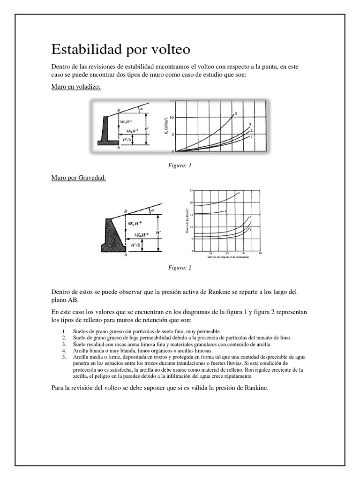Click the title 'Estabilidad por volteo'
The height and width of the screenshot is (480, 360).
coord(120,49)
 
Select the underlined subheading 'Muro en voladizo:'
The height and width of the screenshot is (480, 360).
coord(76,87)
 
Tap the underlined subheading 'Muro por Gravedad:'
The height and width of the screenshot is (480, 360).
coord(78,178)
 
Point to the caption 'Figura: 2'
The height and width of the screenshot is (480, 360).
coord(180,268)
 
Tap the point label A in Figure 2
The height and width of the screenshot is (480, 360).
coord(125,255)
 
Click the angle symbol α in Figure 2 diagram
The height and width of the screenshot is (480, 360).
coord(152,210)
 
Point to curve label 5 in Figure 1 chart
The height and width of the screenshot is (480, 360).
coord(236,113)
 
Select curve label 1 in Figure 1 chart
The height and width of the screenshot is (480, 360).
coord(252,137)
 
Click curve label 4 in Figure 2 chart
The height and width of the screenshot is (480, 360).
coord(225,211)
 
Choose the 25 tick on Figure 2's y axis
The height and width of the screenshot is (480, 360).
coord(191,191)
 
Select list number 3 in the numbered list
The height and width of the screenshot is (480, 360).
coord(64,344)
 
